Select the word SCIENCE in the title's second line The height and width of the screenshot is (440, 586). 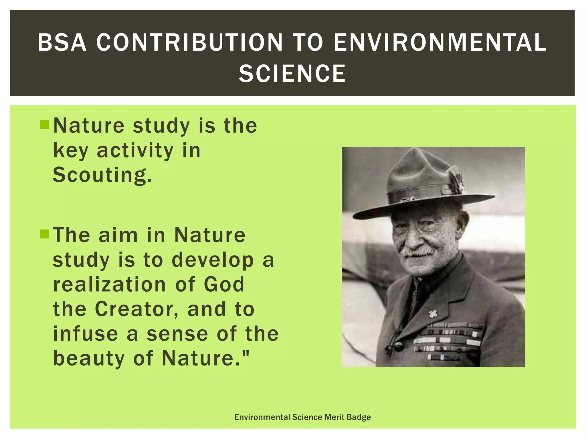(292, 74)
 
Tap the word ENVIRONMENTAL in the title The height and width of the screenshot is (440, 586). (440, 42)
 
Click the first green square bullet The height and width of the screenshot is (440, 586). (45, 125)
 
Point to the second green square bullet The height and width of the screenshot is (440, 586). (45, 234)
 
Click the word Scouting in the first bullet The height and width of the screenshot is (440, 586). (102, 175)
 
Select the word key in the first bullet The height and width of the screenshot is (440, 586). (70, 151)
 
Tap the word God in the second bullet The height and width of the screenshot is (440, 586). (224, 284)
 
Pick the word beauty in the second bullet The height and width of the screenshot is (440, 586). (89, 359)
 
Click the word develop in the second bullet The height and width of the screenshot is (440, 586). (213, 260)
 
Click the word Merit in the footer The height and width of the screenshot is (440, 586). (334, 417)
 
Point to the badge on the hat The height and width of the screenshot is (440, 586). (457, 179)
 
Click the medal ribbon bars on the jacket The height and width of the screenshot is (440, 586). (448, 341)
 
